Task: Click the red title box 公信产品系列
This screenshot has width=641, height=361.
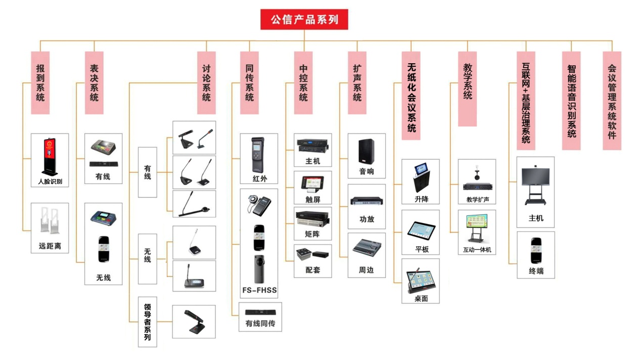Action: [304, 20]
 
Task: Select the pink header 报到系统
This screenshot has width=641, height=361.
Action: [40, 83]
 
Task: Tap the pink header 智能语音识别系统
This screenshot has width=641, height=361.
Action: [571, 101]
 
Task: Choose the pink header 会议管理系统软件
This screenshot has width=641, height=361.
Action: [612, 101]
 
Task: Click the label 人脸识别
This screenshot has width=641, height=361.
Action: [50, 182]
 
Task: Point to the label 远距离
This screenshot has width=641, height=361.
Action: [50, 246]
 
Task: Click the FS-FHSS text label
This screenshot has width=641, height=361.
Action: [259, 290]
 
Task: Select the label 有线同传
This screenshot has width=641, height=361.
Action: [260, 324]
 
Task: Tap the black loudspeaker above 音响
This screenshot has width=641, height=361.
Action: [367, 152]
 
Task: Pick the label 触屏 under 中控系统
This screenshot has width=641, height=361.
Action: [313, 200]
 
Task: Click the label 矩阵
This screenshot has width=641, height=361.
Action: [312, 234]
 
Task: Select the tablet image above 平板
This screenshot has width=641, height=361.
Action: [421, 231]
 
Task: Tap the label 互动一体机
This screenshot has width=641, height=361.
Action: [477, 250]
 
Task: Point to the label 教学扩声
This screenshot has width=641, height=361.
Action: [478, 200]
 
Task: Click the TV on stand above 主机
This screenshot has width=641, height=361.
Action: [535, 185]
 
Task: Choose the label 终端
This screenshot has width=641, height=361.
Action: [536, 271]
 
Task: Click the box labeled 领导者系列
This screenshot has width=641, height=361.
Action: [148, 322]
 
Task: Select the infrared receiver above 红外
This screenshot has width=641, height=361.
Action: [258, 155]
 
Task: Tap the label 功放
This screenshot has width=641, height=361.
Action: [367, 219]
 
